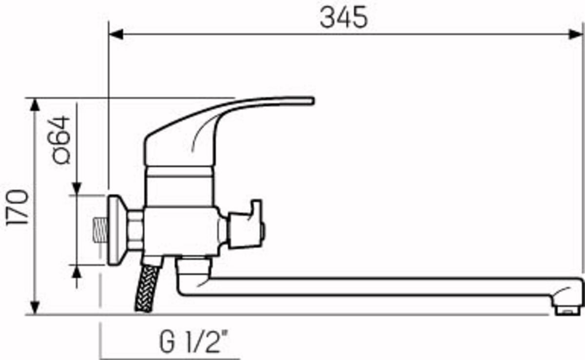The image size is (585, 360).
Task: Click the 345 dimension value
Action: tap(344, 18)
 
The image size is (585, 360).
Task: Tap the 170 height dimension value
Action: tap(17, 207)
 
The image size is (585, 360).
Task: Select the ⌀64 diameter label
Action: tap(61, 140)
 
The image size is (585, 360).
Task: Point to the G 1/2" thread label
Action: tap(194, 341)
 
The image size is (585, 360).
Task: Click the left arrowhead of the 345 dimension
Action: tap(116, 34)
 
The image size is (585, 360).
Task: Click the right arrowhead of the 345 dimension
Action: tap(576, 34)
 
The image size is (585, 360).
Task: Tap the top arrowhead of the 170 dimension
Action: tap(35, 105)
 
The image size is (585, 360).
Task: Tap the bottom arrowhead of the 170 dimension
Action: tap(35, 308)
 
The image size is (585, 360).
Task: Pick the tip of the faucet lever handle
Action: tap(313, 101)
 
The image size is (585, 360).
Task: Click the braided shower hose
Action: tap(147, 288)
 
